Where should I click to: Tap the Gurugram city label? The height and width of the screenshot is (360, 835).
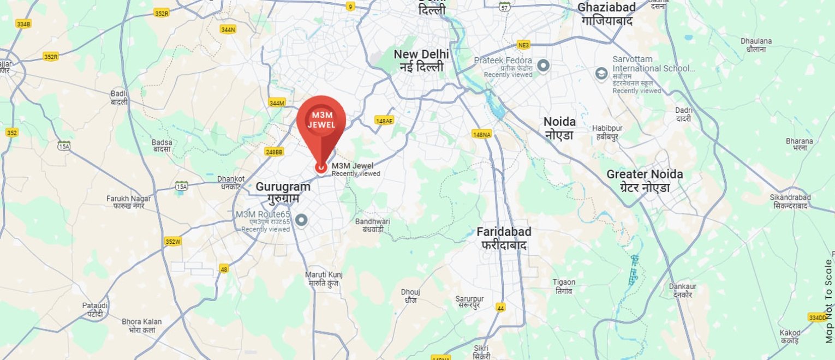283,193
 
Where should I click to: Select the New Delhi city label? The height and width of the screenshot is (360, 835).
421,61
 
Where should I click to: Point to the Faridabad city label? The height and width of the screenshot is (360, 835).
504,238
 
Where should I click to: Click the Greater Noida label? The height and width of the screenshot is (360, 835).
645,181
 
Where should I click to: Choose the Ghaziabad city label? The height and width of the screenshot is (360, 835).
606,14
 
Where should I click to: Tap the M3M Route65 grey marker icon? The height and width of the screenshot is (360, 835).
301,220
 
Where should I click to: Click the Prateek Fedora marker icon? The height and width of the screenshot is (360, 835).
543,66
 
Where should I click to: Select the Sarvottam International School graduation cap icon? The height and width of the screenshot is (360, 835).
601,74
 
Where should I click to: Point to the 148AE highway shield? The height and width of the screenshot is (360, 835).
384,121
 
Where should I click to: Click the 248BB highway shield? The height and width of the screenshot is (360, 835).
274,152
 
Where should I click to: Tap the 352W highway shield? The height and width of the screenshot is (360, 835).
172,242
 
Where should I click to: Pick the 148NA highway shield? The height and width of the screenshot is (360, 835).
481,134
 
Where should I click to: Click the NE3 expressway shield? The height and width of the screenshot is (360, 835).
524,45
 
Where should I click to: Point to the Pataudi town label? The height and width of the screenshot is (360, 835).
95,309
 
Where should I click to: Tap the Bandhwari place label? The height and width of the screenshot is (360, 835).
373,225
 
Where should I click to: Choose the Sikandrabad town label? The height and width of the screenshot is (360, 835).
790,201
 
